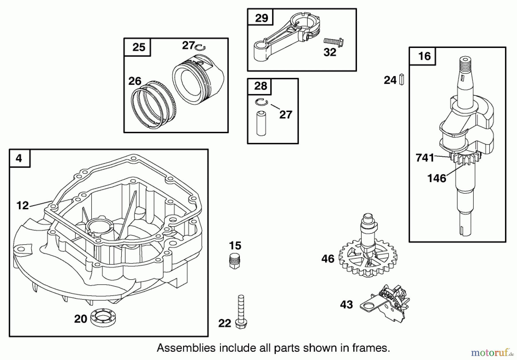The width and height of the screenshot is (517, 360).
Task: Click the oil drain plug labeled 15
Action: tap(235, 261)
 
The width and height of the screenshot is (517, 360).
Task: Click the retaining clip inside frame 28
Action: tap(261, 102)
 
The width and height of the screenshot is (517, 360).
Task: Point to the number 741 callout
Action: tap(425, 158)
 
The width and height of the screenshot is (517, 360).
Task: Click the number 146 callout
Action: tap(437, 178)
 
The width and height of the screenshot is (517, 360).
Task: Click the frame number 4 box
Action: tap(19, 158)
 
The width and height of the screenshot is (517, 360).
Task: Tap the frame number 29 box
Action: tap(261, 18)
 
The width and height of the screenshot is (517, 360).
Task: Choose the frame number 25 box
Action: tap(139, 47)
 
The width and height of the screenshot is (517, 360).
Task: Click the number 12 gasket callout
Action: tap(22, 206)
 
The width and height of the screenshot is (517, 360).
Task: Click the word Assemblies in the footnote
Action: tap(186, 348)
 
